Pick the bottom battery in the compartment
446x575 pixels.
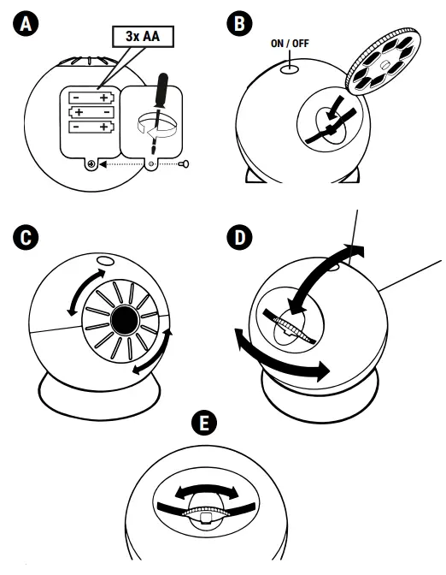pos(90,129)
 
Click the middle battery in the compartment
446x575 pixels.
pos(90,112)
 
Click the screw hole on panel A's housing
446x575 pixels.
pos(91,163)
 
